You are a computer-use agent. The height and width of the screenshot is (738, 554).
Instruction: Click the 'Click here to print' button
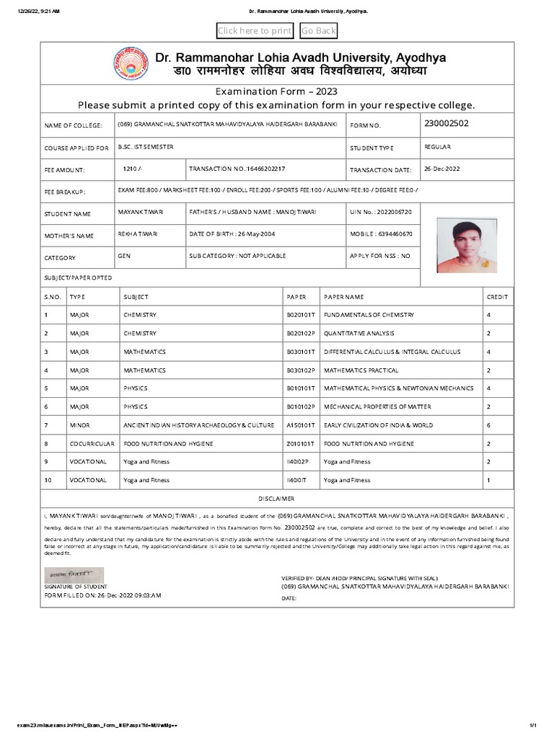[255, 30]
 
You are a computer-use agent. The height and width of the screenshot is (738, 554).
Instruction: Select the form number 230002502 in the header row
[447, 123]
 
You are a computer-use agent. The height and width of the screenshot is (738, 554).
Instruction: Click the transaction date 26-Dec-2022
[442, 169]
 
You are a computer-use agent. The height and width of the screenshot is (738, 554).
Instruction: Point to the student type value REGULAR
[438, 147]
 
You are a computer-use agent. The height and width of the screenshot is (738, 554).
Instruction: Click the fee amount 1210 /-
[134, 169]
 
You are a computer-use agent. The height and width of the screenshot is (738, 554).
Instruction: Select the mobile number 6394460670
[394, 234]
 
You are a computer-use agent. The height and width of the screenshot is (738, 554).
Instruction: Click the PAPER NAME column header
[344, 296]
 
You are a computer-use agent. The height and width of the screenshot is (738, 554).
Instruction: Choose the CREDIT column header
[497, 296]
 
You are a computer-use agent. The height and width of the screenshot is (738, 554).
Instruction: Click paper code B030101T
[301, 352]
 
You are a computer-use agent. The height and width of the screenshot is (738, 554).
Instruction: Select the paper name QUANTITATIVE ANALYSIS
[358, 333]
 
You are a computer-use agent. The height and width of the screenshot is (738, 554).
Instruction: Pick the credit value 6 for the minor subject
[488, 425]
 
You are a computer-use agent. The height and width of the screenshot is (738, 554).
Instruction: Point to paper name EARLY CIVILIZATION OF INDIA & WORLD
[378, 425]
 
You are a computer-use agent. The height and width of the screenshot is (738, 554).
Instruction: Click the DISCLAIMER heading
[277, 499]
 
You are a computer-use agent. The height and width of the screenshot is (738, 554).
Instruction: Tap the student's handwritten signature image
[75, 574]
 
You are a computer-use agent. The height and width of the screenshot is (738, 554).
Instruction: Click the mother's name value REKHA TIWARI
[138, 234]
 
